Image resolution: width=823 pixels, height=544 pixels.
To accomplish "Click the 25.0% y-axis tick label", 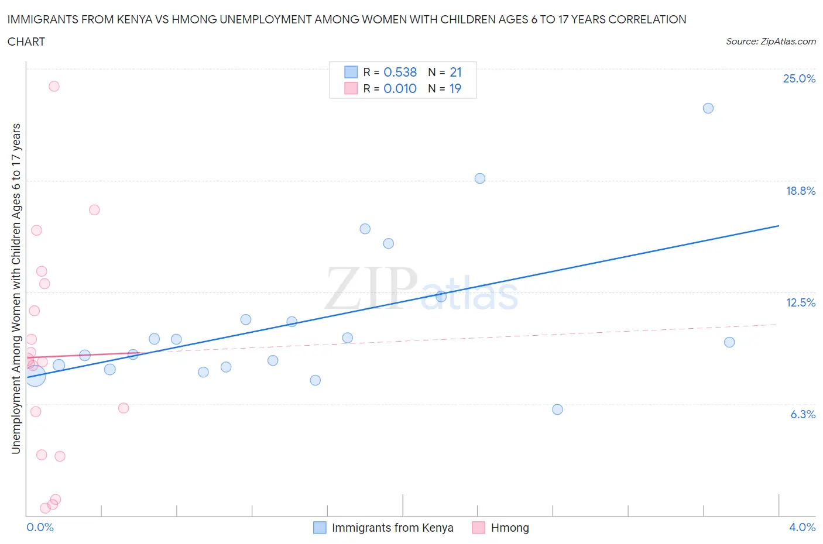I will pyautogui.click(x=799, y=79).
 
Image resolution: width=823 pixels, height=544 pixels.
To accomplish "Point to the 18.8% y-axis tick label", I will pyautogui.click(x=800, y=191).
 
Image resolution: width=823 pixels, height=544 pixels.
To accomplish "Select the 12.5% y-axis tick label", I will pyautogui.click(x=800, y=302).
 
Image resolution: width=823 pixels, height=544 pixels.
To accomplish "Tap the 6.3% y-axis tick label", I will pyautogui.click(x=803, y=414).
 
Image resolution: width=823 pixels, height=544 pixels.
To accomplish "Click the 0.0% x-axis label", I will pyautogui.click(x=40, y=527).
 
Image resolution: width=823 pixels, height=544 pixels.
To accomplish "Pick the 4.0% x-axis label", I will pyautogui.click(x=802, y=527).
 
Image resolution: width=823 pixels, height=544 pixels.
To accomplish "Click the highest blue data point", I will pyautogui.click(x=708, y=108).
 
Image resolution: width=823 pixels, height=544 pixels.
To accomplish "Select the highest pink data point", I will pyautogui.click(x=54, y=86).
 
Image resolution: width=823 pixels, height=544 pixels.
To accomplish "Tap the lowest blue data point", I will pyautogui.click(x=557, y=409).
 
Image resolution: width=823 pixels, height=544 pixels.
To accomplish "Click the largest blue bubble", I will pyautogui.click(x=35, y=376).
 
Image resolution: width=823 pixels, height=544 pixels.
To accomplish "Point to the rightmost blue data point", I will pyautogui.click(x=729, y=342).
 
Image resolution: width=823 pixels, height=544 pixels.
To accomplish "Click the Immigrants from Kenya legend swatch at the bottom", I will pyautogui.click(x=320, y=528).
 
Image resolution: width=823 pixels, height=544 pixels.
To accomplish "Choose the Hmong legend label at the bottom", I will pyautogui.click(x=509, y=528).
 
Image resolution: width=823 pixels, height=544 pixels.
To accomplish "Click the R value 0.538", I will pyautogui.click(x=400, y=72).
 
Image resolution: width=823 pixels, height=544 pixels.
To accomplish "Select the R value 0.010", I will pyautogui.click(x=400, y=88).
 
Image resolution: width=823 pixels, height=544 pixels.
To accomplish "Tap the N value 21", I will pyautogui.click(x=455, y=72).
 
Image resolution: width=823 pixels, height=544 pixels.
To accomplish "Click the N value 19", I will pyautogui.click(x=455, y=88).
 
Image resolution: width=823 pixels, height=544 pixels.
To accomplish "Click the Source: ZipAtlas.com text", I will pyautogui.click(x=770, y=41).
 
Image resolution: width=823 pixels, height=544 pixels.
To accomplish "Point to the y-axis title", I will pyautogui.click(x=16, y=288).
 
